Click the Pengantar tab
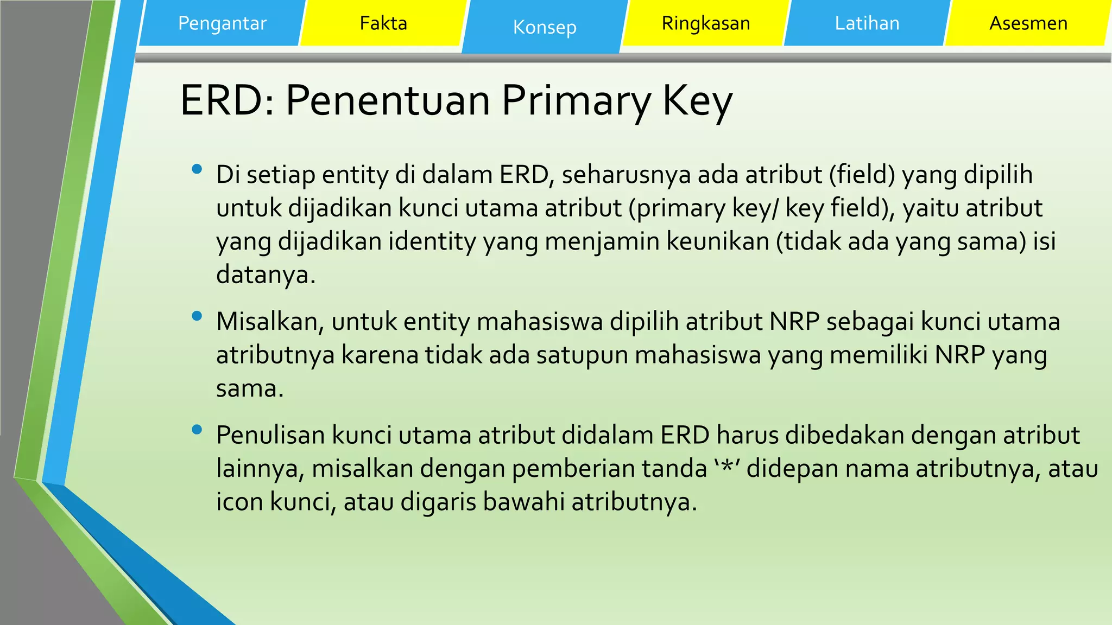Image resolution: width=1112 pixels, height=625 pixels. click(222, 23)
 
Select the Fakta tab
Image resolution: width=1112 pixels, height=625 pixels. click(383, 23)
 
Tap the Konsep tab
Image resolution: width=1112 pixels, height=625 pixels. click(545, 27)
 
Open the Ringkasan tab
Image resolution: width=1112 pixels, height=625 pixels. click(706, 23)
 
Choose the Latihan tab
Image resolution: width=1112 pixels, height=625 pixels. click(867, 23)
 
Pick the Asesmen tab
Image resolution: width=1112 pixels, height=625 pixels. click(1028, 23)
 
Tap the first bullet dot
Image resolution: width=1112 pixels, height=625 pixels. click(197, 170)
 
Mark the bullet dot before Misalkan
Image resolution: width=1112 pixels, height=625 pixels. click(197, 316)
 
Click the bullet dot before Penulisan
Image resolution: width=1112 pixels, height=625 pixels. click(197, 430)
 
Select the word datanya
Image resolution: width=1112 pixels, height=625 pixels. click(265, 275)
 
